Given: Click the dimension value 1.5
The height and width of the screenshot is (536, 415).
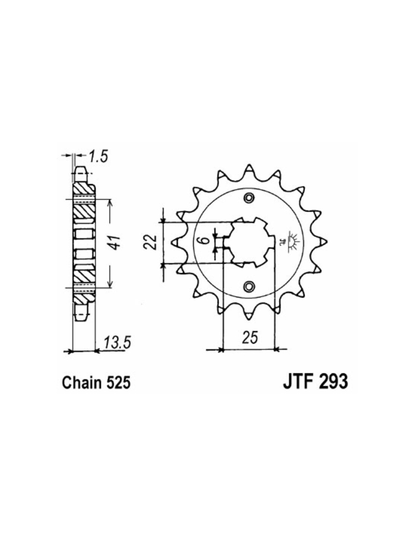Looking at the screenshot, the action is point(98,157).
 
